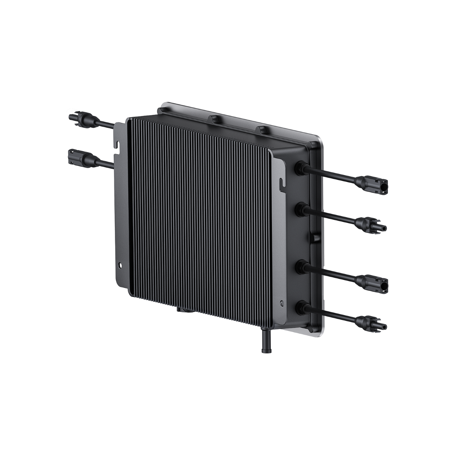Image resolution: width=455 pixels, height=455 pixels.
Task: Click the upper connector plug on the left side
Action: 80,116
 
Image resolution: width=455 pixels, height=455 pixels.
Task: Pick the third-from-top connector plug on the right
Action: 373,283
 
